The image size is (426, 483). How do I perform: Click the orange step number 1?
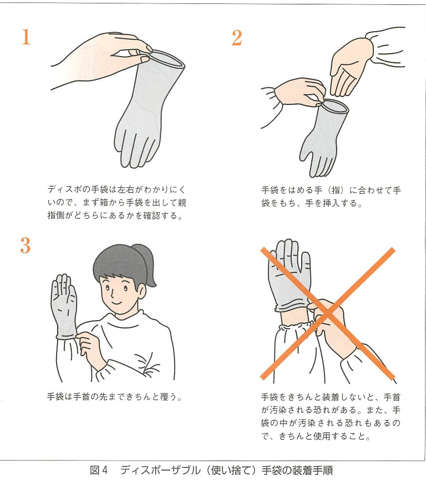(26, 37)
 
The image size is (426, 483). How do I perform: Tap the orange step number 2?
(237, 38)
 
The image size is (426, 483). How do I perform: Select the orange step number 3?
(25, 245)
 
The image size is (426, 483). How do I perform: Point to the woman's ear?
(141, 291)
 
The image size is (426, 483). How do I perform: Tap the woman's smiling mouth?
(116, 303)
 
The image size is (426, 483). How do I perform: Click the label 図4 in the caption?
(99, 471)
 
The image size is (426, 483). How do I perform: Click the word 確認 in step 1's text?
(152, 215)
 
